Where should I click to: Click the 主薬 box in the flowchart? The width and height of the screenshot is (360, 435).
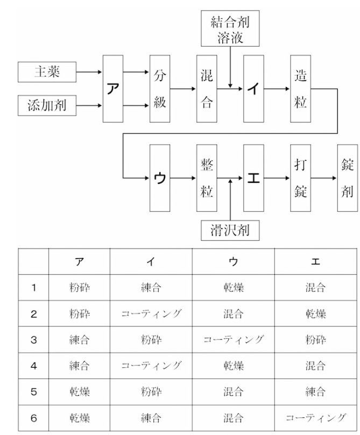(x=47, y=72)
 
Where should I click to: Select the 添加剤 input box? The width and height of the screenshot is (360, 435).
(x=47, y=105)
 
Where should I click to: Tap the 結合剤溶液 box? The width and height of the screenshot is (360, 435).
(x=230, y=30)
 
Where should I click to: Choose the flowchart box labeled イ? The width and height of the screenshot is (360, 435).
(x=253, y=88)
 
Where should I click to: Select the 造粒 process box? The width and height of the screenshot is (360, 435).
(x=300, y=88)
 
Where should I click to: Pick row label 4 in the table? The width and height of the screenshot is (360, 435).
(x=33, y=366)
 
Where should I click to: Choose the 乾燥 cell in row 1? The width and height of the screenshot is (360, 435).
(x=233, y=288)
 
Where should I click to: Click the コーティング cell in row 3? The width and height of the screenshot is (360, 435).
(x=233, y=340)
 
